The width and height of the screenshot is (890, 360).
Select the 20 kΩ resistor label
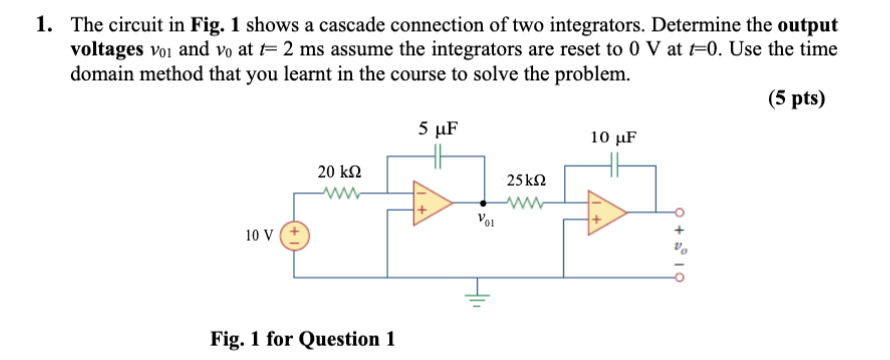pos(338,172)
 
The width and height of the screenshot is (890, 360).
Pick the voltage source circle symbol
pos(298,237)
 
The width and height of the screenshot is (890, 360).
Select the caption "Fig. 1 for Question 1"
pos(302,338)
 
